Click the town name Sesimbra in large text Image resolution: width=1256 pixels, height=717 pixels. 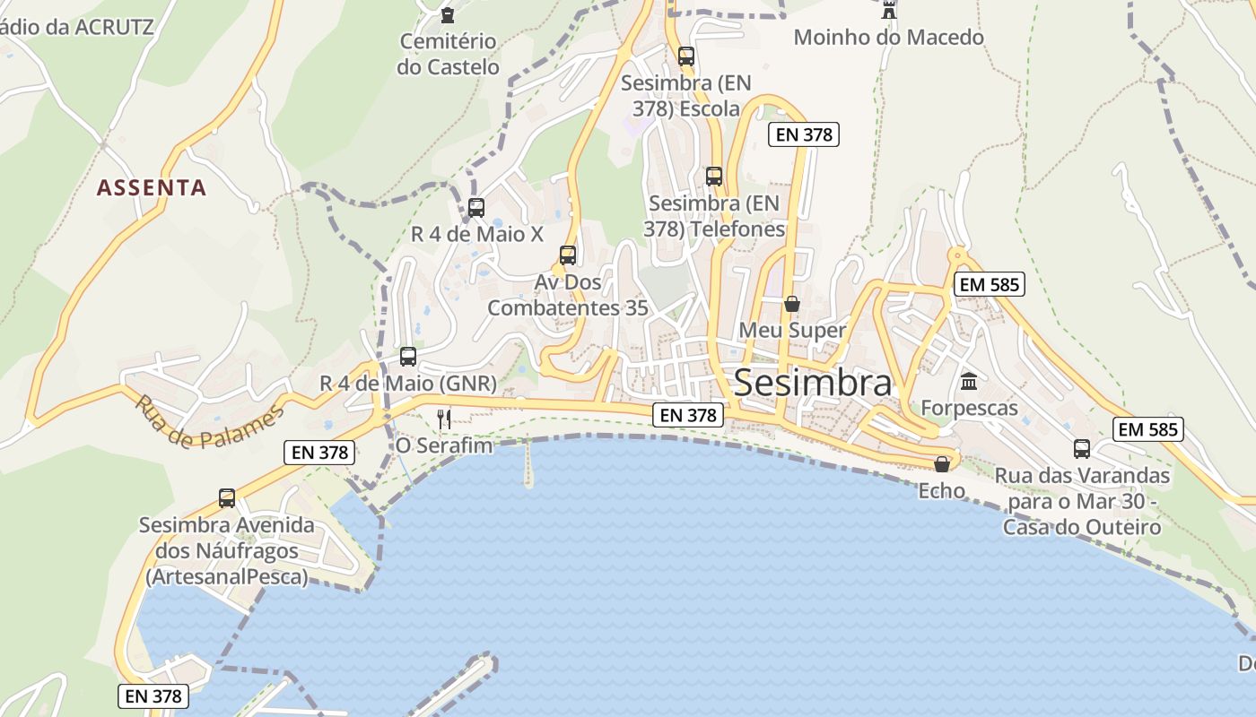[813, 384]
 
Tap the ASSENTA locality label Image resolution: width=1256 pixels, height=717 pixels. [152, 188]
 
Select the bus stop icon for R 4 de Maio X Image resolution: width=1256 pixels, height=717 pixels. [476, 208]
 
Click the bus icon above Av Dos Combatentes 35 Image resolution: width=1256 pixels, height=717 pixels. [567, 255]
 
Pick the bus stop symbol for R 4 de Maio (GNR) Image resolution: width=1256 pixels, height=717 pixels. [408, 357]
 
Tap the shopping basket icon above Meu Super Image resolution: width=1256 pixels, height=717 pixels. [791, 304]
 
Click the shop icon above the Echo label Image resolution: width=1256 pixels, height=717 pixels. [941, 464]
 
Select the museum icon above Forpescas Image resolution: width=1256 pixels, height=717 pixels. [969, 382]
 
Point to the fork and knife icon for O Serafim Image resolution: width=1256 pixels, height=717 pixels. [443, 418]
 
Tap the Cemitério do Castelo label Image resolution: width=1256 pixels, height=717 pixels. [448, 54]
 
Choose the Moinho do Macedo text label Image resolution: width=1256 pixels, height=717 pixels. [888, 38]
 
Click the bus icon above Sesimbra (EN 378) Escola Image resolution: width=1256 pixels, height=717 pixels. [686, 56]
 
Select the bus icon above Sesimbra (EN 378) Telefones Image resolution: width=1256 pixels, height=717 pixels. [714, 177]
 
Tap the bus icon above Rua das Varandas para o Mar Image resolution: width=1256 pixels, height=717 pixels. [1082, 449]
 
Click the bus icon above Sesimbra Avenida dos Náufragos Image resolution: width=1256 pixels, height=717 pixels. [227, 498]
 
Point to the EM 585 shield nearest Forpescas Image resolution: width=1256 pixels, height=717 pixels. [990, 285]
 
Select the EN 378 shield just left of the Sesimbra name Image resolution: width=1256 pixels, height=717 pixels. [688, 415]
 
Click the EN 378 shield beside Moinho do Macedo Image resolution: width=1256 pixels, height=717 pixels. [803, 135]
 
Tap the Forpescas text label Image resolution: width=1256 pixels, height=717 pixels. [969, 409]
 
